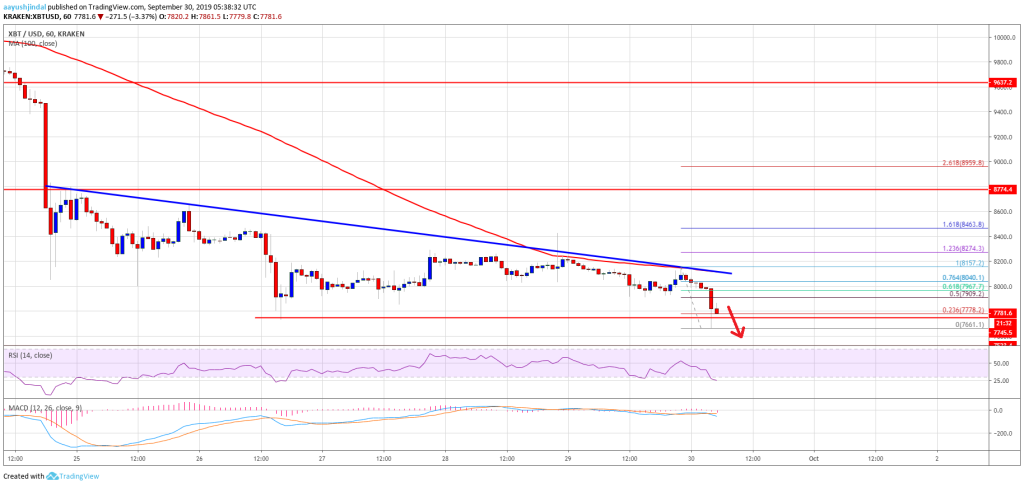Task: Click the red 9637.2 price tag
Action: pyautogui.click(x=1001, y=84)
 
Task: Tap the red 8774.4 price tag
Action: pyautogui.click(x=1001, y=188)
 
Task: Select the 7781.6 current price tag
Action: pyautogui.click(x=1001, y=313)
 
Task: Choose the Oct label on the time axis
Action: pyautogui.click(x=813, y=458)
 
